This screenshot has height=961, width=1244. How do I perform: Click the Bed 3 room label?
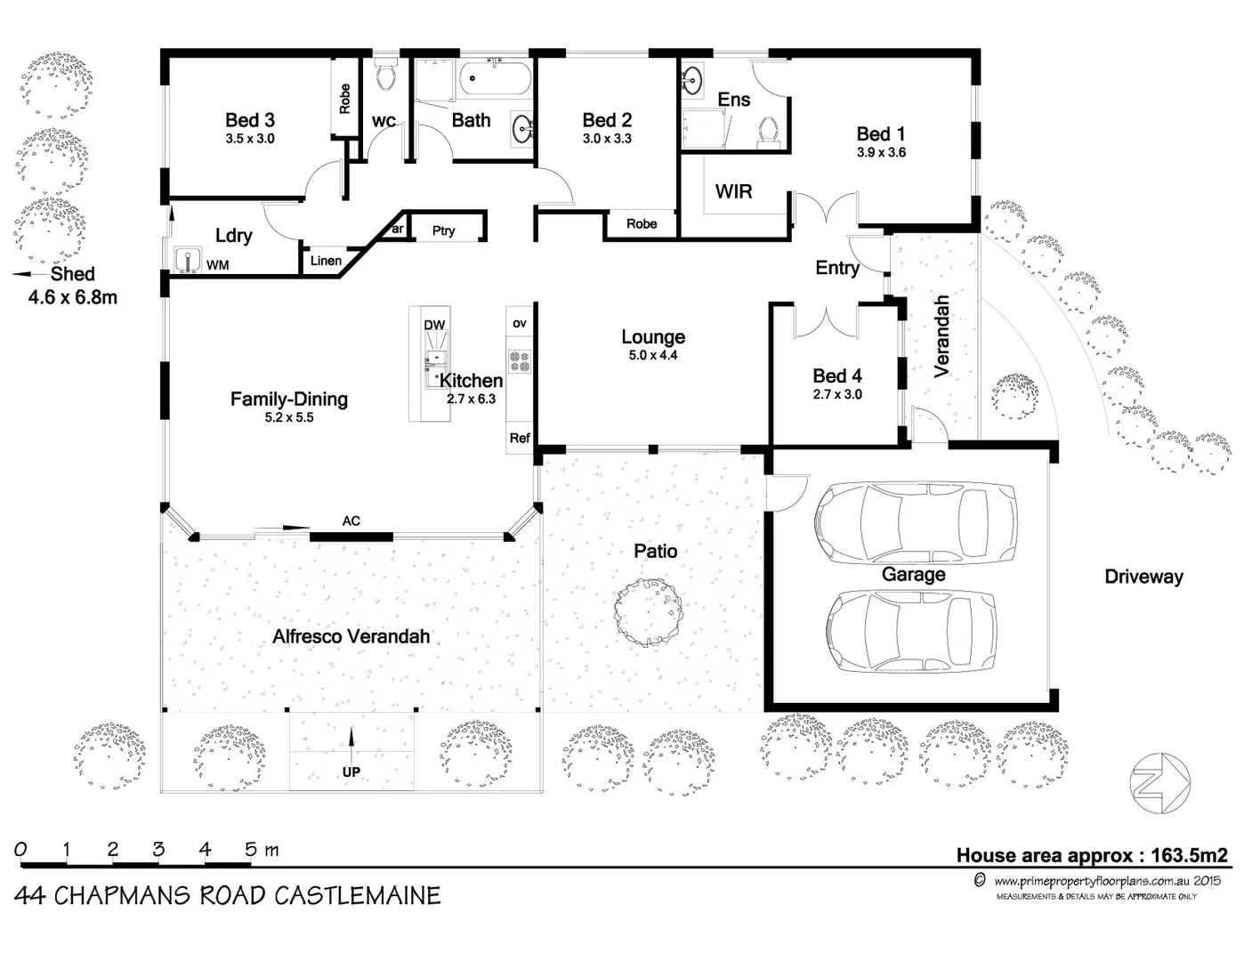click(x=249, y=120)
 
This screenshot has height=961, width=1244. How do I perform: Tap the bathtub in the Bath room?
click(x=495, y=80)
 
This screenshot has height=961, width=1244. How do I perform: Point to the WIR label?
click(x=733, y=191)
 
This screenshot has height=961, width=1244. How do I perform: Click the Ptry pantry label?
click(x=443, y=230)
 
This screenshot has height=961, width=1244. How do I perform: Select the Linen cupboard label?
click(x=326, y=261)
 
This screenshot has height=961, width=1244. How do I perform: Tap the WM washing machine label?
click(x=217, y=265)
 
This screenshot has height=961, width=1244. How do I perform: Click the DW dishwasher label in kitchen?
click(x=434, y=325)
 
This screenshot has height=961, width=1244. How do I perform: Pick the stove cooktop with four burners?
click(x=519, y=360)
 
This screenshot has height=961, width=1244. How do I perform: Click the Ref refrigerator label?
click(x=519, y=438)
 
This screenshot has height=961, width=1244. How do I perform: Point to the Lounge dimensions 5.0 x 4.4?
click(x=653, y=355)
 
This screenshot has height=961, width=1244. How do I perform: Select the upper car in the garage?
click(x=916, y=522)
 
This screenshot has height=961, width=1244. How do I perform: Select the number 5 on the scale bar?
click(x=251, y=849)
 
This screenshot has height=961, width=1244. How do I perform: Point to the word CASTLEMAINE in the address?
click(x=357, y=895)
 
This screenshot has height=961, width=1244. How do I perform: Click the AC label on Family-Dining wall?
click(x=351, y=521)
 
